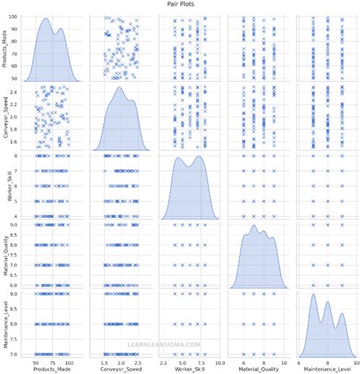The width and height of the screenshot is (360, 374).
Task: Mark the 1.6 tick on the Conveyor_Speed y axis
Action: point(17,141)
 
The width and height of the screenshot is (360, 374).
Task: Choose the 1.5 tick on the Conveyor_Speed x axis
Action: point(103,360)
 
